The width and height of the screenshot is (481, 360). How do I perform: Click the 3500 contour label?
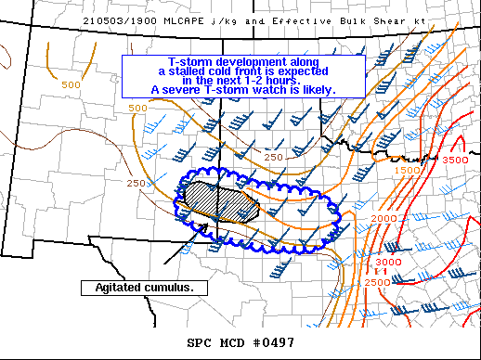point(455,161)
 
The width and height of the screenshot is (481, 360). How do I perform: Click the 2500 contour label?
point(378,282)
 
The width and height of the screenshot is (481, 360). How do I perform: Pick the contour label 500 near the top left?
point(71,85)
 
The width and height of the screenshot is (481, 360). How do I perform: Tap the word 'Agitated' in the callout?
point(119,288)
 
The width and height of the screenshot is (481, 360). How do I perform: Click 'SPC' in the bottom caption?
point(199,342)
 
